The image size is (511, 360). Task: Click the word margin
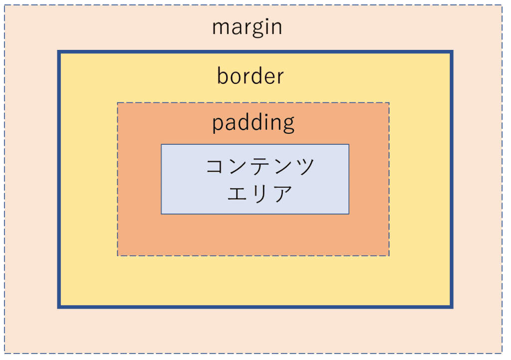[x=247, y=28]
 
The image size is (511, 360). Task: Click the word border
[x=251, y=76]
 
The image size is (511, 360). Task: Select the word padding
[x=253, y=123]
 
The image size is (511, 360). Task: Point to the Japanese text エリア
[x=259, y=193]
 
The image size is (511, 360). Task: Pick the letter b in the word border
[x=223, y=76]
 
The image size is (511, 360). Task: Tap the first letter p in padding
[x=218, y=125]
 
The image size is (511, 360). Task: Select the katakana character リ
[x=259, y=193]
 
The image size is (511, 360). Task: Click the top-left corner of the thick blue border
[x=59, y=52]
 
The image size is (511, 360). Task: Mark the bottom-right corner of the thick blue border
[x=452, y=307]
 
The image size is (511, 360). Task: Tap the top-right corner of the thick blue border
[x=452, y=52]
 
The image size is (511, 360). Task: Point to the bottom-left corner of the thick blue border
[x=59, y=307]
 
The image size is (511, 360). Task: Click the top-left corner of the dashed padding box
[x=118, y=103]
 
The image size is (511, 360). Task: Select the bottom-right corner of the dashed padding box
[x=389, y=256]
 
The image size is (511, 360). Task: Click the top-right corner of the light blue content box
[x=349, y=144]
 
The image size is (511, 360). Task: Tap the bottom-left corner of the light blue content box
[x=161, y=214]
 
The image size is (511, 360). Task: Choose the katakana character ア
[x=283, y=193]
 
